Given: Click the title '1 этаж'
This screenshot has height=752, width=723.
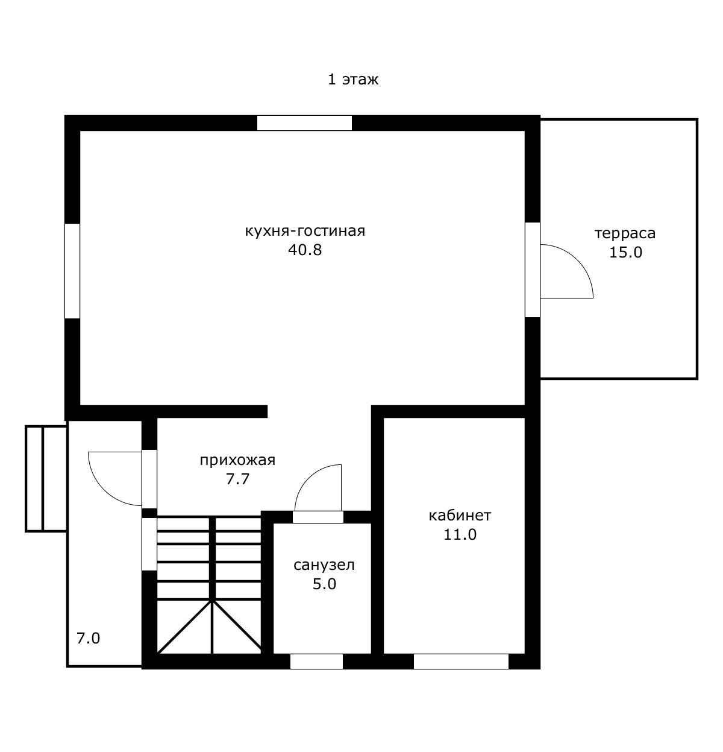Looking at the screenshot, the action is coord(353,80).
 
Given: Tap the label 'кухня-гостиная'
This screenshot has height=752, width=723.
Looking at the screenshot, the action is coord(305,231).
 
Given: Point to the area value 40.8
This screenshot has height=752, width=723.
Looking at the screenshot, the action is coord(305,250).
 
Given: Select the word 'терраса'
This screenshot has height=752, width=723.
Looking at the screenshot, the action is coord(625,234).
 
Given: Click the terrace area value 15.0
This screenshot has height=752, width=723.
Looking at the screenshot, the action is coord(625,252).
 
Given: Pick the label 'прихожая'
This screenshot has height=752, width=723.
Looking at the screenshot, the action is coord(237,460).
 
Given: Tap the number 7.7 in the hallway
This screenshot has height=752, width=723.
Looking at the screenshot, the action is coord(238,479).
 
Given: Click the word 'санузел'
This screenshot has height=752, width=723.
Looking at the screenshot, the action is coord(324,565).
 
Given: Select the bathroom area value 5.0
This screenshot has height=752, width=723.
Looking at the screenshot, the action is coord(324,584).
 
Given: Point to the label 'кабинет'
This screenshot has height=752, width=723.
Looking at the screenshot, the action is coord(460,516).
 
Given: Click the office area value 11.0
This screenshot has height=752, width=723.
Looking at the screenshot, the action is coord(460,534).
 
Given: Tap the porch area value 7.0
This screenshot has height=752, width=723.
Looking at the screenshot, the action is coord(89,638).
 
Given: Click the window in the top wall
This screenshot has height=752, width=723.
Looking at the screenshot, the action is coord(304,123).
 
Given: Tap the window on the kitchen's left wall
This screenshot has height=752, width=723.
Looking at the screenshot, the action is coord(72,271).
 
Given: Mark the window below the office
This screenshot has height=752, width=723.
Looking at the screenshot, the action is coord(461,661).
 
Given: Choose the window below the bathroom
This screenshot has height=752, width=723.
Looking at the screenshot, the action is coord(316,661).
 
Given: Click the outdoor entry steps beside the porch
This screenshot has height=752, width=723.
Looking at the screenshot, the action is coord(46,478).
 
